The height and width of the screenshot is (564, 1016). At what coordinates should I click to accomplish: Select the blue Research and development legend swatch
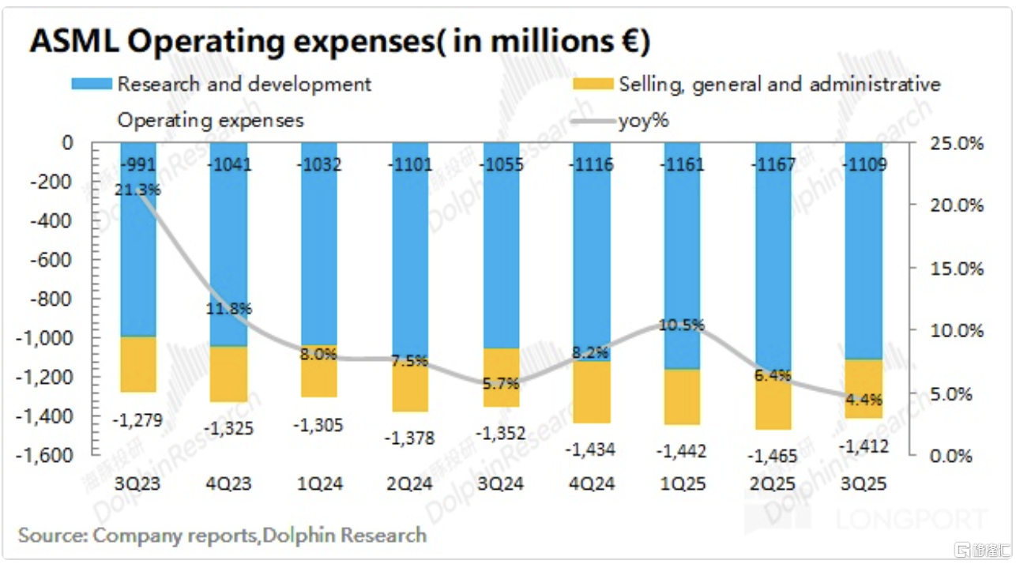92,85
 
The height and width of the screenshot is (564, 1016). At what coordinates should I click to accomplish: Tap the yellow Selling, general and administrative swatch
593,85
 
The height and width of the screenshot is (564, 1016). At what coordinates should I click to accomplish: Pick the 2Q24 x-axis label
410,484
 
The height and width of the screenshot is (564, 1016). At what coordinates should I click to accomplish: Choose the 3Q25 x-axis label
864,484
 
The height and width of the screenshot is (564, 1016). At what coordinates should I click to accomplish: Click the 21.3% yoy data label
139,190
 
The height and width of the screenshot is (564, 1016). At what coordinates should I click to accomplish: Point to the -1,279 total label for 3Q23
139,419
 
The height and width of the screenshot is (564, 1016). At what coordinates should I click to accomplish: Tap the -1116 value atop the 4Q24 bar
592,166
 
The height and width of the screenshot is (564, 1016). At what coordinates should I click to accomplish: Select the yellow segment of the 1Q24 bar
318,370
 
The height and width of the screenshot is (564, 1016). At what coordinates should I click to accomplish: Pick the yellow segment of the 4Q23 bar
228,374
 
